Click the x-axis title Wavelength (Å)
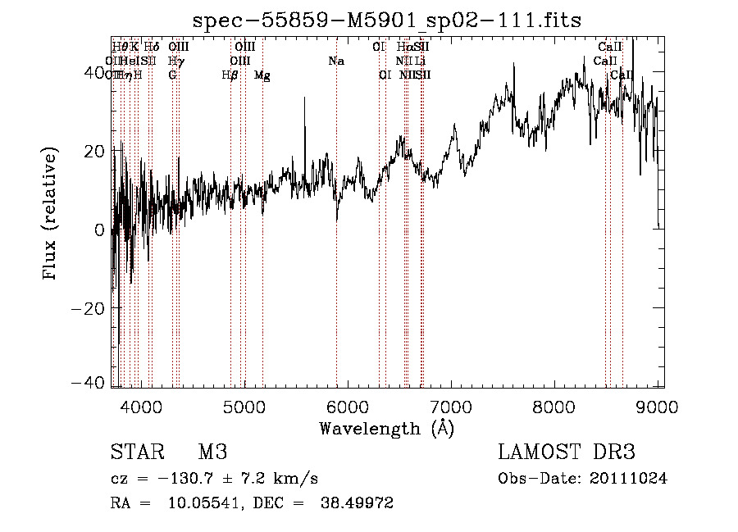386,428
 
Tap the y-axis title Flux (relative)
51,214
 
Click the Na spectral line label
335,61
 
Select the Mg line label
262,75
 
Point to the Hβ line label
230,75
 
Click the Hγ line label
175,61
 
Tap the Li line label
420,61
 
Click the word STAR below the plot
136,452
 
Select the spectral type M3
212,452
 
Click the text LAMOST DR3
567,452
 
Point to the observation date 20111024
628,479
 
